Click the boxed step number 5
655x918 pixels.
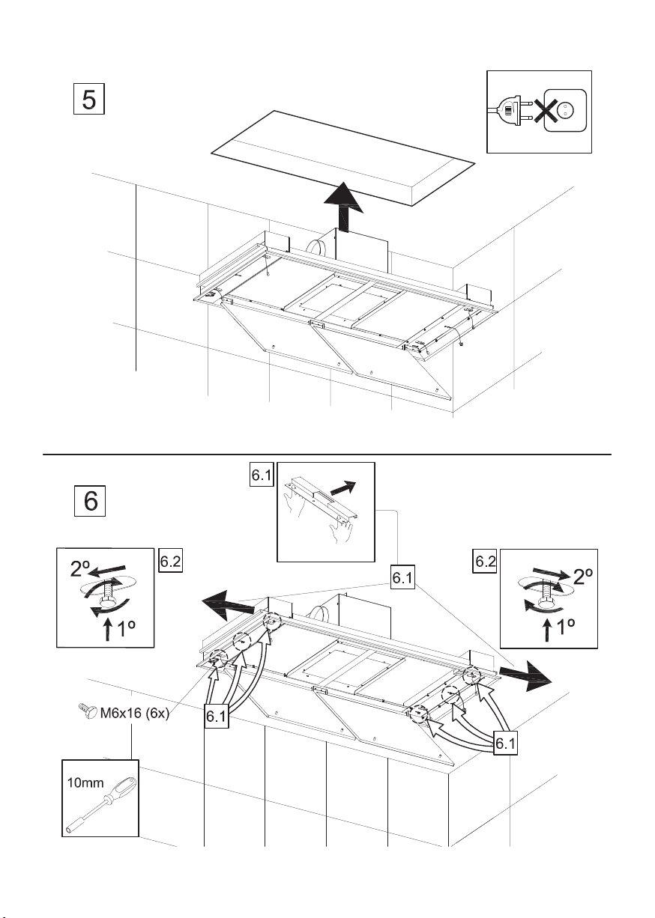(89, 99)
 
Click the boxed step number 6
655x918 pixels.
(90, 501)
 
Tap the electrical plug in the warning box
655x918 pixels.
(509, 111)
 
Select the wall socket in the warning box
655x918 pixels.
(565, 110)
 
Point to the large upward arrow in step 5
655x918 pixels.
(343, 207)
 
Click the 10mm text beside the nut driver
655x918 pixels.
(85, 783)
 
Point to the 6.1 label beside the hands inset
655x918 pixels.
(262, 475)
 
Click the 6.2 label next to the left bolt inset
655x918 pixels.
(170, 561)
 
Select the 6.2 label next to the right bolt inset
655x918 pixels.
(485, 561)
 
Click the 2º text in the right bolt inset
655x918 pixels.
(582, 577)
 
